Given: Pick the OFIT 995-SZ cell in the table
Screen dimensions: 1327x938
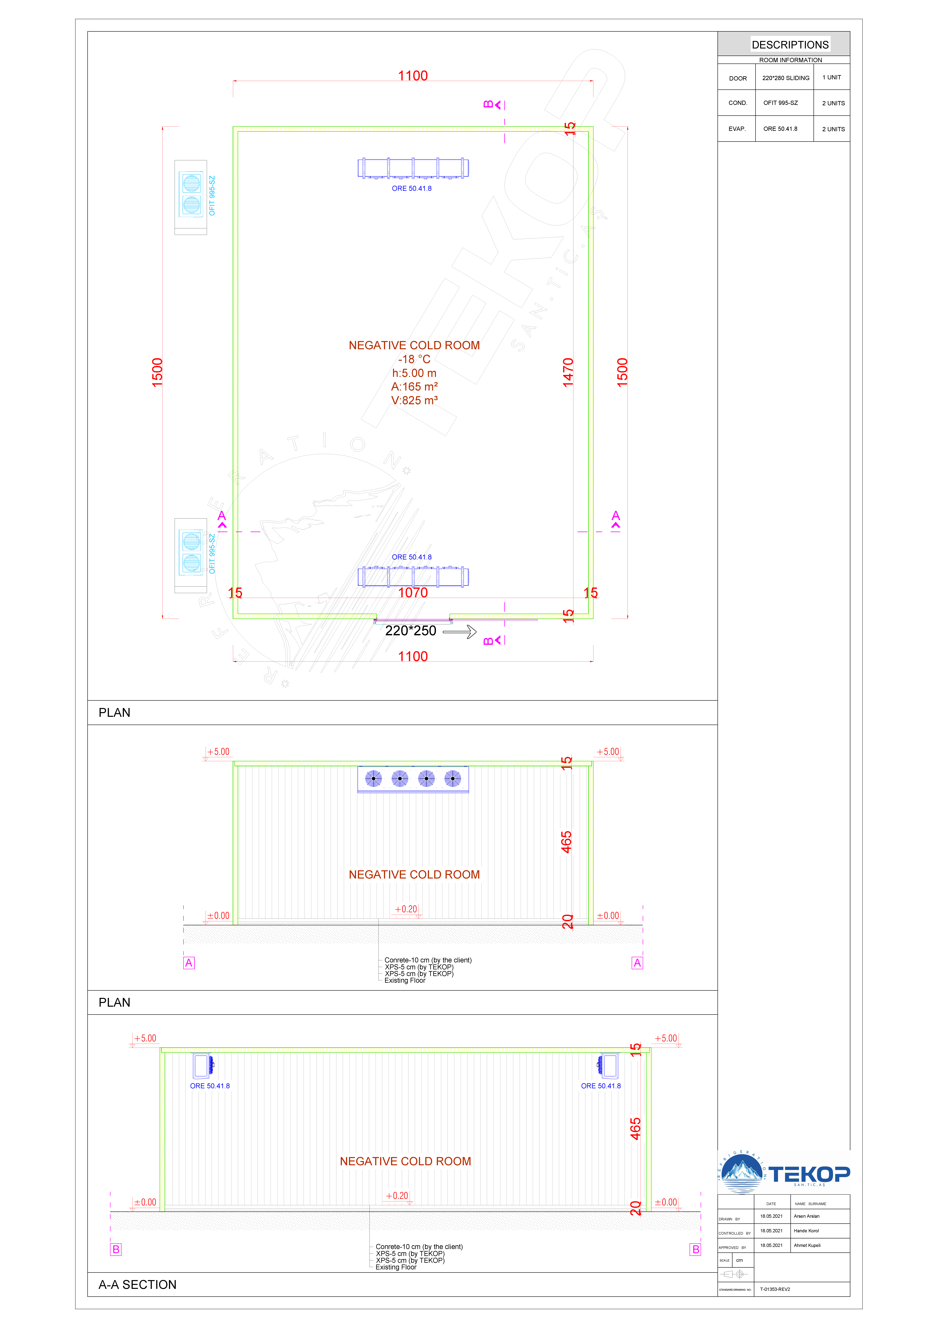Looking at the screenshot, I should click(780, 103).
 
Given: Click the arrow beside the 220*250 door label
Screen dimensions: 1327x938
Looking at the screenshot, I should click(460, 632).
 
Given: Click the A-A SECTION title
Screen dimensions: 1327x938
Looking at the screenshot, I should click(138, 1284).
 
